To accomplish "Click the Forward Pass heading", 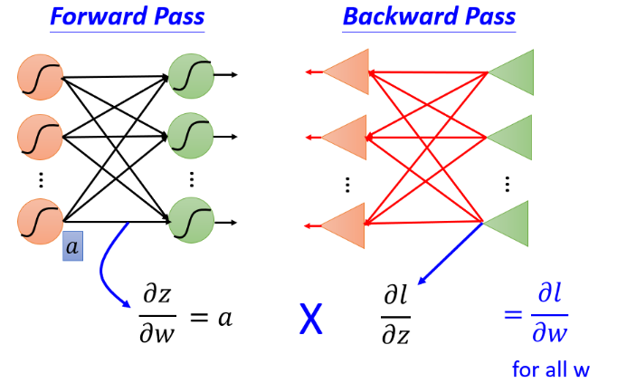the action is click(x=127, y=16).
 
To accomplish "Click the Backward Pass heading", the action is click(x=429, y=16).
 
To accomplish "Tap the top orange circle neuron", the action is click(x=40, y=77).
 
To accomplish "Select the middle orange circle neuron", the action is click(x=40, y=137).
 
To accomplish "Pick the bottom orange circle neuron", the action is click(x=40, y=222).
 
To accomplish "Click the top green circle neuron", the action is click(x=191, y=76).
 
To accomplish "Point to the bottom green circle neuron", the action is click(x=191, y=220).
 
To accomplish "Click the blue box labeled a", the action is click(x=72, y=246).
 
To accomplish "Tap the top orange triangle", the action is click(x=346, y=72).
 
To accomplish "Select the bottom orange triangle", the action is click(x=343, y=226).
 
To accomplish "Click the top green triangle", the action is click(x=511, y=72).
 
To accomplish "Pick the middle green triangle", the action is click(x=509, y=138).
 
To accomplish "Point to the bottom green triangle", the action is click(x=506, y=224).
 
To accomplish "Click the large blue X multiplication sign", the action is click(x=311, y=319).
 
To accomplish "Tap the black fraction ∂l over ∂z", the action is click(x=396, y=315).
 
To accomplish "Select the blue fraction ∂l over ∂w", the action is click(x=550, y=313).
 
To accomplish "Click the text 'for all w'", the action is click(x=551, y=369).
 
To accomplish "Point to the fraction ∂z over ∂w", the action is click(x=157, y=314).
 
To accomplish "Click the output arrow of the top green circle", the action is click(x=226, y=74).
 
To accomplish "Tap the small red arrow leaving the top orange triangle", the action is click(x=315, y=72).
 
